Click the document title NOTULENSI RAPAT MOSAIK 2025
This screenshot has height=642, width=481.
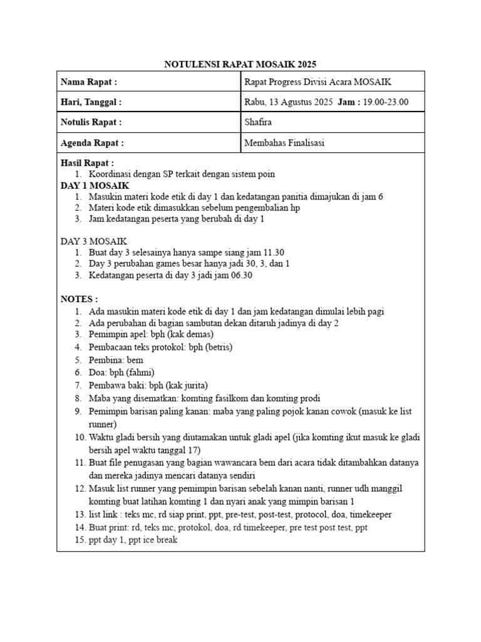(240, 64)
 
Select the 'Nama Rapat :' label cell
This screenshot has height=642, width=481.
(89, 82)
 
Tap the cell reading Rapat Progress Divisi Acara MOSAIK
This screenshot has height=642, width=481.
(319, 82)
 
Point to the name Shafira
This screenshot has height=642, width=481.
(258, 122)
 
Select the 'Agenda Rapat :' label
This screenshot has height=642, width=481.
(92, 143)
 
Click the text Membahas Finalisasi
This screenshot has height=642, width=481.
(284, 143)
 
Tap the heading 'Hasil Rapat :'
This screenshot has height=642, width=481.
(87, 163)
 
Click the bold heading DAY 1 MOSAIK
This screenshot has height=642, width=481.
(95, 186)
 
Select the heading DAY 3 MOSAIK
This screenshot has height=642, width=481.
(94, 241)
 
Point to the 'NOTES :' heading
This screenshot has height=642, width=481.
(79, 298)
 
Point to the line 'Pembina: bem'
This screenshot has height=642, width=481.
(116, 359)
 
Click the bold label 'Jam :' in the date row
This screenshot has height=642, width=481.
(349, 102)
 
